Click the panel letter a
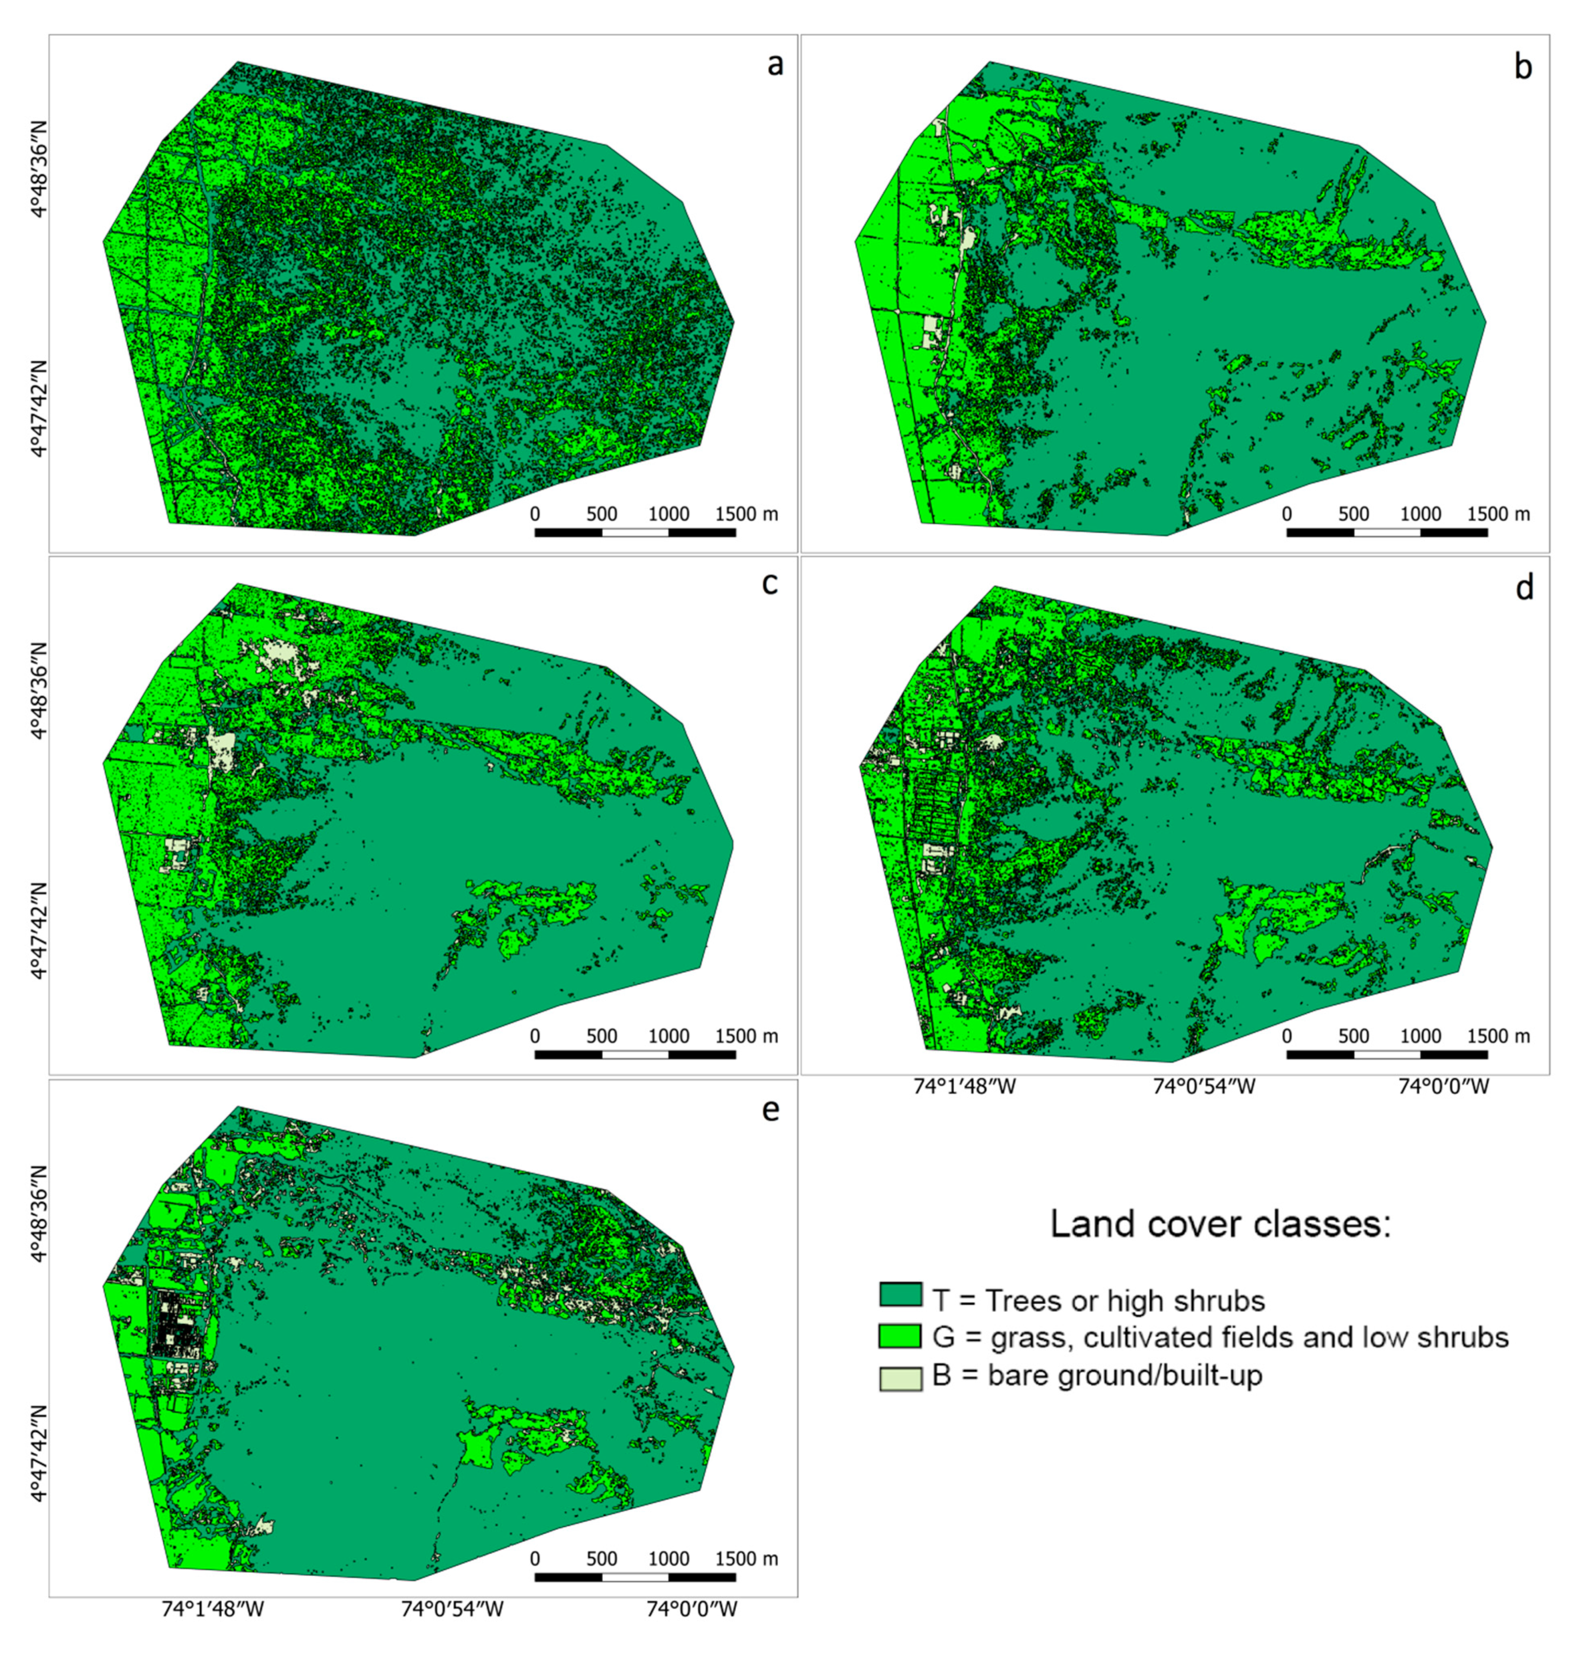click(x=774, y=65)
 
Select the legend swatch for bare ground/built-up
click(x=900, y=1378)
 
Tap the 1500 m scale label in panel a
click(x=746, y=514)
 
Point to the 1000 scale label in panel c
click(x=668, y=1036)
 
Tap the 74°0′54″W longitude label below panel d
click(x=1204, y=1087)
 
